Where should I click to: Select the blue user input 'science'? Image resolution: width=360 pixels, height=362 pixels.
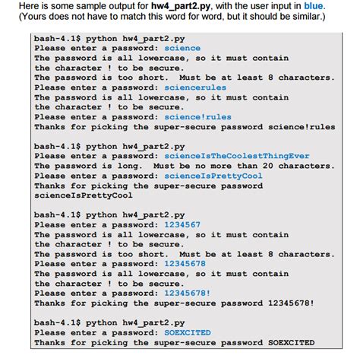tap(182, 48)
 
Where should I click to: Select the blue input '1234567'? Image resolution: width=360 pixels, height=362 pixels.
tap(182, 224)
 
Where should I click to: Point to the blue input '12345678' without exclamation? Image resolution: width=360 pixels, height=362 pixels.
tap(185, 264)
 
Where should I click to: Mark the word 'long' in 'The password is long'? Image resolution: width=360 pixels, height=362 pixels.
tap(132, 166)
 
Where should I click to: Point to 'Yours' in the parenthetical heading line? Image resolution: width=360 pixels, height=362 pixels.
tap(21, 18)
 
